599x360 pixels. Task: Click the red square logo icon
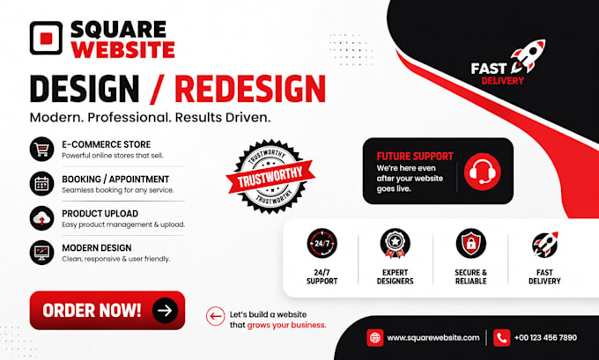coord(46,38)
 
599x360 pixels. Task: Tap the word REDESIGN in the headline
coord(250,89)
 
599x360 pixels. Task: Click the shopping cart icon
coord(41,149)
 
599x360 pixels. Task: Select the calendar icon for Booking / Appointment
coord(41,184)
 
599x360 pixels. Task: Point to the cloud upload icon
coord(41,218)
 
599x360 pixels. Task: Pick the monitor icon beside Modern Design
coord(41,253)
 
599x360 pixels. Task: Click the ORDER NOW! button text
coord(92,311)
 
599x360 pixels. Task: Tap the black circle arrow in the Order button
coord(165,311)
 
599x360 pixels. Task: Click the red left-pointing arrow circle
coord(216,316)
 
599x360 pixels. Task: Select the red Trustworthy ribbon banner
coord(270,176)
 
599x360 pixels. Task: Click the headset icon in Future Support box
coord(483,172)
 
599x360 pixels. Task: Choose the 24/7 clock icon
coord(322,243)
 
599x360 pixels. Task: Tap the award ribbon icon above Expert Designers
coord(395,243)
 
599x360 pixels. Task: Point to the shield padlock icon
coord(471,243)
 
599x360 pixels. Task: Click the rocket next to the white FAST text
coord(528,56)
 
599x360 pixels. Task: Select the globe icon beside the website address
coord(374,338)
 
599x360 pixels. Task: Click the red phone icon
coord(501,338)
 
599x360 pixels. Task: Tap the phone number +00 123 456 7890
coord(545,338)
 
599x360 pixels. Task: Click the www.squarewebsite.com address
coord(433,338)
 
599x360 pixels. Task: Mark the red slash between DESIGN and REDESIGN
coord(157,89)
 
